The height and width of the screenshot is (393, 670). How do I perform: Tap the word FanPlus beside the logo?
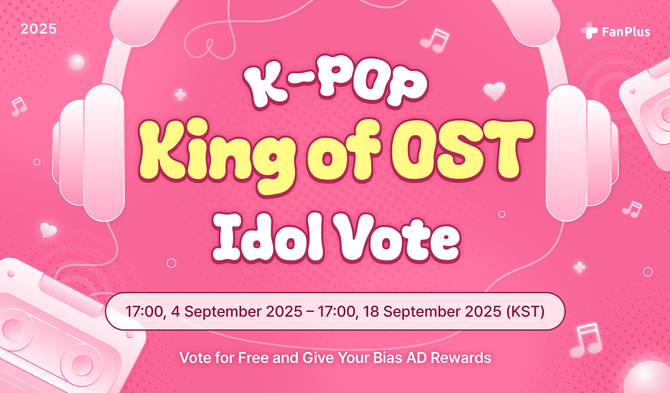626,32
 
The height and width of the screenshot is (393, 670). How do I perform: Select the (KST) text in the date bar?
525,312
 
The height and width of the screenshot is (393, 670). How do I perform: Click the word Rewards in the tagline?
461,358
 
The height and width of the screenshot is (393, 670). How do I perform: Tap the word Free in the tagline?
254,358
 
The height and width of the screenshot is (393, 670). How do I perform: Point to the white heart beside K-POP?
494,91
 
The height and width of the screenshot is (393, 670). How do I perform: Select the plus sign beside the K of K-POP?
180,95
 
